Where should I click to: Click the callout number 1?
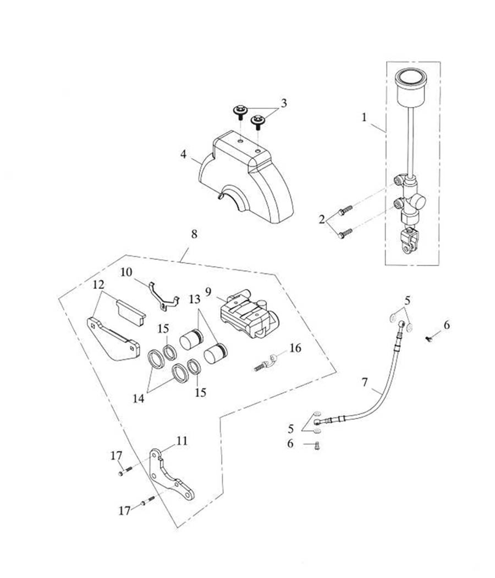(364, 117)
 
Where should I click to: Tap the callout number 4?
(183, 154)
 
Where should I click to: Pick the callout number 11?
(182, 441)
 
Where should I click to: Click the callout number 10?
(127, 272)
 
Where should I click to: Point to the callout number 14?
(138, 398)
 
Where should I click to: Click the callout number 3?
(284, 103)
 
